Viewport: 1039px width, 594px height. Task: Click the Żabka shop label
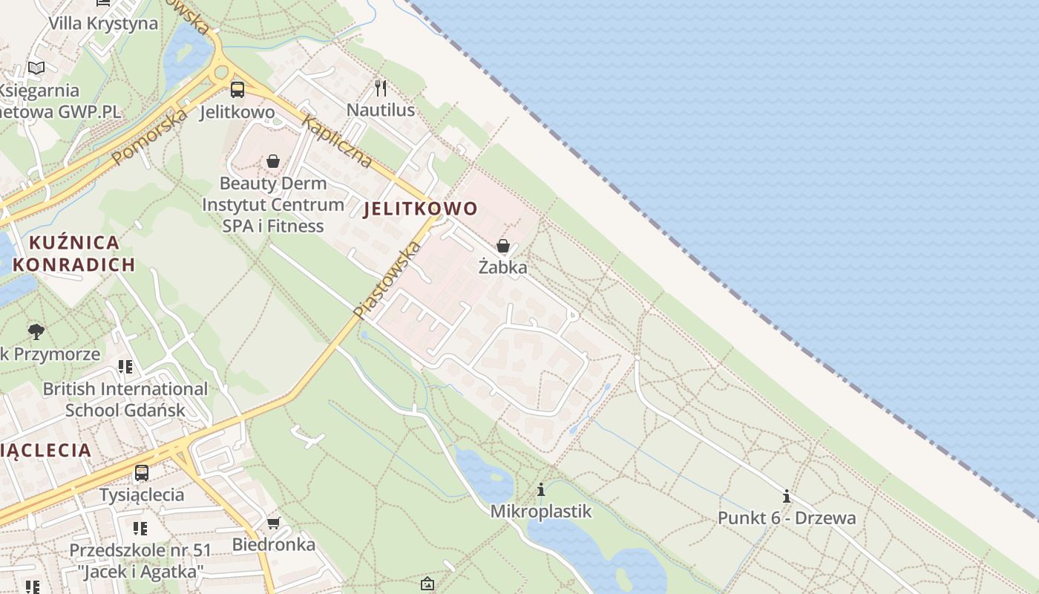tap(502, 267)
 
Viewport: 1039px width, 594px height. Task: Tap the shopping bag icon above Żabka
tap(502, 246)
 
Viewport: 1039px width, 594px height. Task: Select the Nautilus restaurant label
tap(381, 111)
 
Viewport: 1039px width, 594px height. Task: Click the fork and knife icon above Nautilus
tap(381, 88)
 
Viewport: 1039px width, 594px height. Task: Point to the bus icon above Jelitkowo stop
tap(237, 90)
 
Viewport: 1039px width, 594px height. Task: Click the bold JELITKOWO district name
tap(420, 209)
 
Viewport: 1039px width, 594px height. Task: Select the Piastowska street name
tap(387, 280)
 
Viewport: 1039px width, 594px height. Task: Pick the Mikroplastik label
tap(541, 511)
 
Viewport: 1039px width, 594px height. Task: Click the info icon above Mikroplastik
tap(541, 490)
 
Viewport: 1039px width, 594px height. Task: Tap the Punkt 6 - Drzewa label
tap(787, 518)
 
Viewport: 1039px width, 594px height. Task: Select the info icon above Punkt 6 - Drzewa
tap(787, 496)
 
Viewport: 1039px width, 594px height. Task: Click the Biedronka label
tap(274, 544)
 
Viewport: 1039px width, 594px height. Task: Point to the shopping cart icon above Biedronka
tap(274, 523)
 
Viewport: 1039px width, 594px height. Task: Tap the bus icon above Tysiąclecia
tap(141, 472)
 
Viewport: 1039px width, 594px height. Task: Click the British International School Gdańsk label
tap(125, 399)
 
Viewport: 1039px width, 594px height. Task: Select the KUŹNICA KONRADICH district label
tap(74, 253)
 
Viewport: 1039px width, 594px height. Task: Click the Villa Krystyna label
tap(103, 23)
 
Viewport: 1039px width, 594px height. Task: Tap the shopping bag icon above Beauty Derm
tap(273, 161)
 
